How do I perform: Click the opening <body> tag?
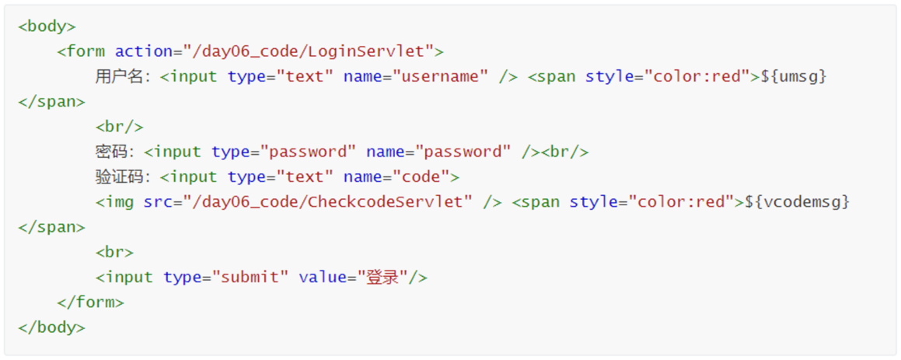(47, 26)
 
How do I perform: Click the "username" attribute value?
(441, 76)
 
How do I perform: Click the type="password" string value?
(309, 152)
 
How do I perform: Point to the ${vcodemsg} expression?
(797, 202)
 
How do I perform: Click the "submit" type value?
(250, 277)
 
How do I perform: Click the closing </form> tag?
(90, 302)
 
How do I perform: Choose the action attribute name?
(144, 51)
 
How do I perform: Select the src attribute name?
(155, 202)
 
